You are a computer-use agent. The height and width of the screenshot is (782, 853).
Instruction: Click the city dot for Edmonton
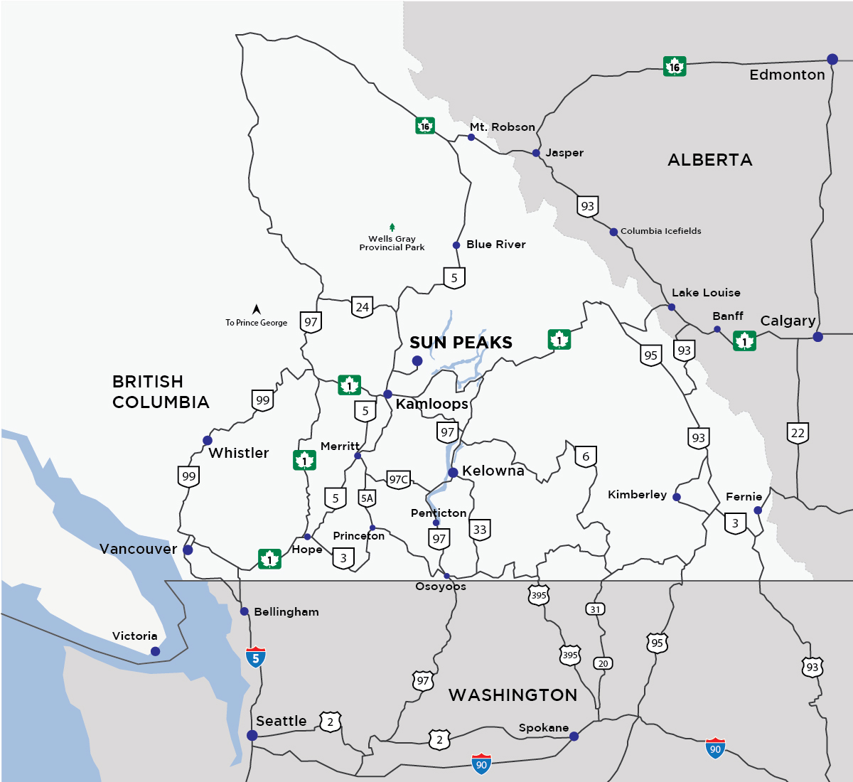pos(832,60)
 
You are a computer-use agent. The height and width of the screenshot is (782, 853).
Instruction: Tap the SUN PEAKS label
pos(461,343)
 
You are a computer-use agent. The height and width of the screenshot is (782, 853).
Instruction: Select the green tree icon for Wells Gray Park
pos(392,227)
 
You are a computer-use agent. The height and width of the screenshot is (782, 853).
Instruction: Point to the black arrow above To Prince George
pos(257,310)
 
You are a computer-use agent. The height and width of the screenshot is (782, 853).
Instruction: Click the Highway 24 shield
pos(363,307)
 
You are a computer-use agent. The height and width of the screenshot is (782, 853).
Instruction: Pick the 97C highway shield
pos(399,479)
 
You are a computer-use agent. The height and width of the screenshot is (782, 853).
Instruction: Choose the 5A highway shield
pos(367,498)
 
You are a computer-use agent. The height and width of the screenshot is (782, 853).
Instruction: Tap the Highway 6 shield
pos(586,456)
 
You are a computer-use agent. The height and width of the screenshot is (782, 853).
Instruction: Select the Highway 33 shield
pos(480,530)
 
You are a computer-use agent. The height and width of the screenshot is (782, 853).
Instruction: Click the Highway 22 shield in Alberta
pos(798,433)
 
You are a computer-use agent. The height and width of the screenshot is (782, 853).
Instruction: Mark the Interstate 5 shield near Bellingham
pos(256,657)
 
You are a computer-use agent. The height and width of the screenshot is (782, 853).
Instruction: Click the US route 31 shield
pos(595,609)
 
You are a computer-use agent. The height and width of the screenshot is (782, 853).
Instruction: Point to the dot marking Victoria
pos(155,651)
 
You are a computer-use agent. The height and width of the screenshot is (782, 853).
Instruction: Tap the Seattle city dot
pos(252,735)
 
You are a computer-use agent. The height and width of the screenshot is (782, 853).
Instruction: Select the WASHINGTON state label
pos(513,695)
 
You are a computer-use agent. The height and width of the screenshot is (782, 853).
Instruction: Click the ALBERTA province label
pos(709,160)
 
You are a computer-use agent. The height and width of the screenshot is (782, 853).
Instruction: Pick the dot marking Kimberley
pos(677,497)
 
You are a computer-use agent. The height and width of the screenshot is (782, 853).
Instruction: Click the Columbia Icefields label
pos(660,231)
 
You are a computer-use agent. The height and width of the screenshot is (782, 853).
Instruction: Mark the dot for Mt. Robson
pos(471,137)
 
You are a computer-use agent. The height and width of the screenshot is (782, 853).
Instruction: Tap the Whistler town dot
pos(208,441)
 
